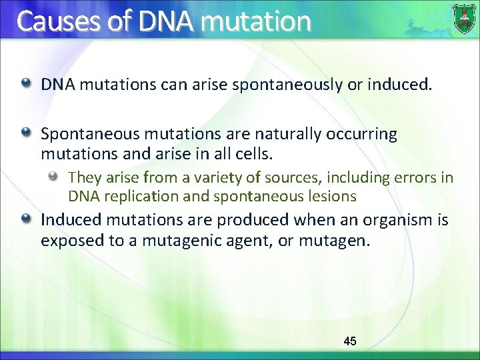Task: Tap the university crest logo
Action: (x=464, y=19)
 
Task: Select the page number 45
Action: (x=349, y=341)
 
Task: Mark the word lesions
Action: (x=333, y=197)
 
